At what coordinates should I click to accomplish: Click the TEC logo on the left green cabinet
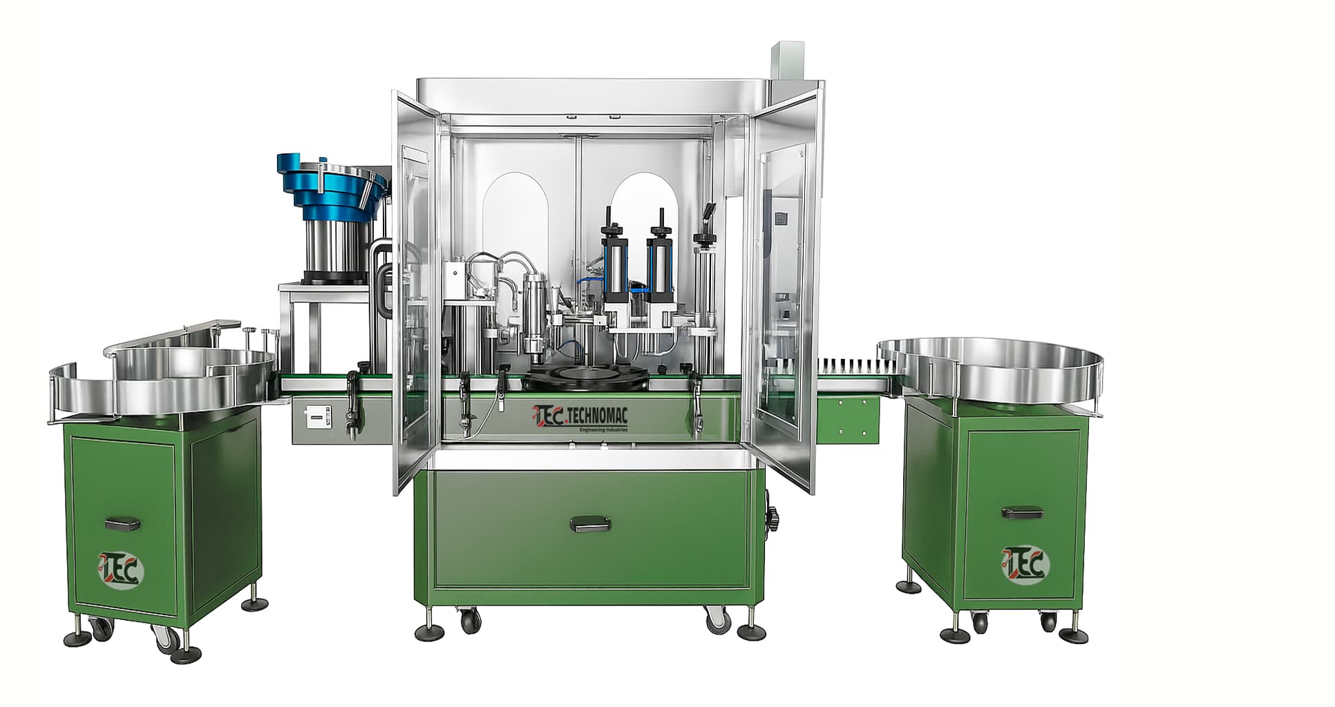click(x=122, y=570)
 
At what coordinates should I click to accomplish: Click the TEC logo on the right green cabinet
click(x=1025, y=564)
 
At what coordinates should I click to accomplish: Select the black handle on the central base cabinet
click(x=591, y=525)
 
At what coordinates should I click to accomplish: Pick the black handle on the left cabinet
click(x=122, y=523)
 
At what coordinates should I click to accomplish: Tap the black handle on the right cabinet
click(x=1022, y=512)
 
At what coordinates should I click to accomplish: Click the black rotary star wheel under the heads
click(x=586, y=378)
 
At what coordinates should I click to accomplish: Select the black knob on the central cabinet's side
click(x=772, y=515)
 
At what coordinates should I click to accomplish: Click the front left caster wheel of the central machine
click(x=470, y=620)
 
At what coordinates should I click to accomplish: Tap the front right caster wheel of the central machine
click(x=717, y=621)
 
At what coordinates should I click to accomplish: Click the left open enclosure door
click(x=413, y=290)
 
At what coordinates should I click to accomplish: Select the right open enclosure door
click(x=785, y=290)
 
